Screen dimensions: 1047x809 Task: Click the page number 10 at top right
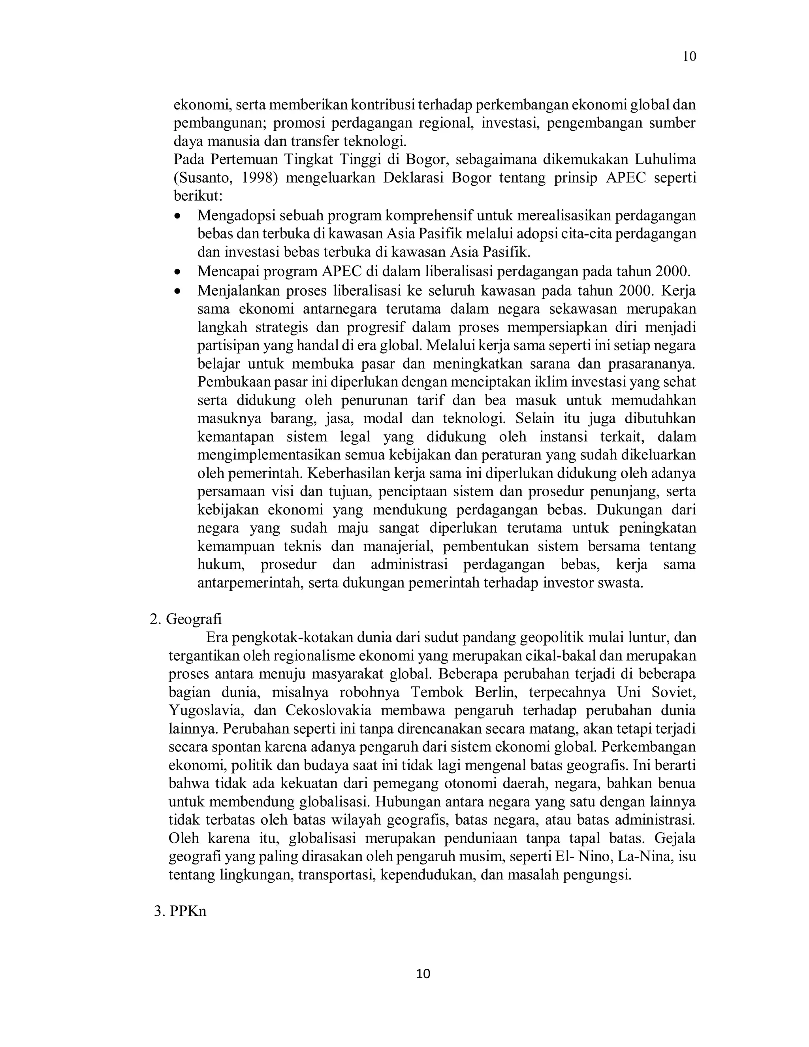pyautogui.click(x=689, y=56)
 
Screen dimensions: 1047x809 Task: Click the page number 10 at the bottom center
pyautogui.click(x=423, y=974)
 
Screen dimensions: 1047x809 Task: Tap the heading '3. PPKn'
pyautogui.click(x=180, y=911)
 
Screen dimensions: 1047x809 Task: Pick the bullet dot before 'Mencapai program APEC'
pyautogui.click(x=178, y=272)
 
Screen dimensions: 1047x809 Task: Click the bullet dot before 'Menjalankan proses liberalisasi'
pyautogui.click(x=178, y=291)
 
